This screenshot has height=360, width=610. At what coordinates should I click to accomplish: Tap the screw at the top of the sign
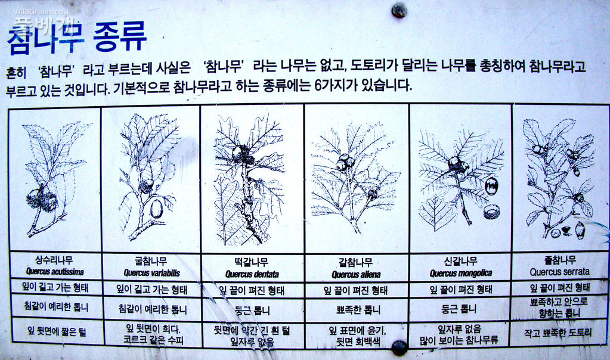coord(398,10)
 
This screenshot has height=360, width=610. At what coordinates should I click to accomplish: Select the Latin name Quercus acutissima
coord(55,272)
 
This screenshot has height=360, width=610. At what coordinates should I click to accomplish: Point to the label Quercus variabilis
coord(151,273)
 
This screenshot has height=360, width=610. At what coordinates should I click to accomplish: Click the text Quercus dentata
coord(252,274)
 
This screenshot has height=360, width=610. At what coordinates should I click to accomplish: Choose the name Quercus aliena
coord(356,275)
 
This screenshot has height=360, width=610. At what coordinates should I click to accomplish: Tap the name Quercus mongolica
coord(460,273)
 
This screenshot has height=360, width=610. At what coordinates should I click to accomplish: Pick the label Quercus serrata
coord(559,272)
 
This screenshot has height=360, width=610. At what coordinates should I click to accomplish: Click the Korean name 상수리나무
coord(55,260)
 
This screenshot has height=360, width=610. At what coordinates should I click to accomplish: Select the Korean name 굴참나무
coord(151,262)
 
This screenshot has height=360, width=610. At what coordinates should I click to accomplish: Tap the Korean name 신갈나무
coord(460,262)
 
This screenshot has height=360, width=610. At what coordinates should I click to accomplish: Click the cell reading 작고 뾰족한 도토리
coord(559,333)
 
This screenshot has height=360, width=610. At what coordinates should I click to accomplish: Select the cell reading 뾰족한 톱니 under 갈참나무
coord(356,310)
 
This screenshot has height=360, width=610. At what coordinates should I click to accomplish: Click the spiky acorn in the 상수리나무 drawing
coord(42,200)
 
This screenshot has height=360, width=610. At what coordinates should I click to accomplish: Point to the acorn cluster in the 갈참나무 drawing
coord(345,162)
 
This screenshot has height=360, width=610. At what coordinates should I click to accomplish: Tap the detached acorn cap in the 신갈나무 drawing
coord(491,212)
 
